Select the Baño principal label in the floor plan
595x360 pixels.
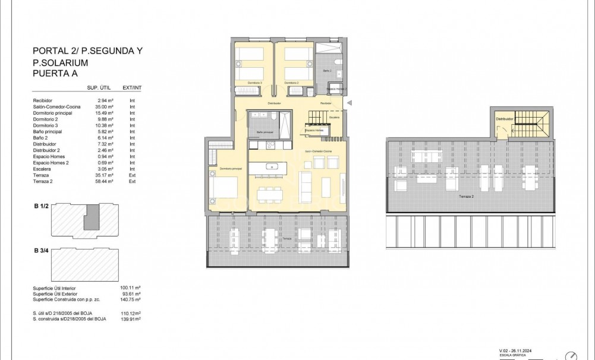click(265, 132)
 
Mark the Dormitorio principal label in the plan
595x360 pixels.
click(230, 169)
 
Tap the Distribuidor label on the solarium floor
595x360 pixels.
click(504, 119)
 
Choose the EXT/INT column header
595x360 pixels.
click(132, 87)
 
